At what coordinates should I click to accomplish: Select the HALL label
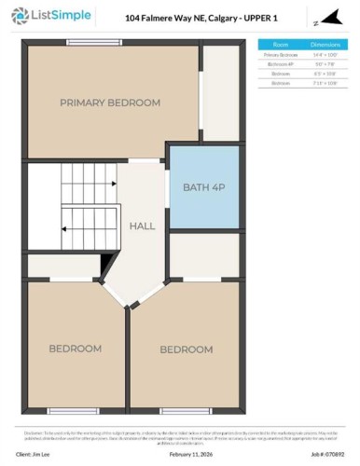[x=142, y=226]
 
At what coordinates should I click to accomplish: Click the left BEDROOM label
[x=75, y=348]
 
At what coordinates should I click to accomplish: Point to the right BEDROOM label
[x=187, y=349]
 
